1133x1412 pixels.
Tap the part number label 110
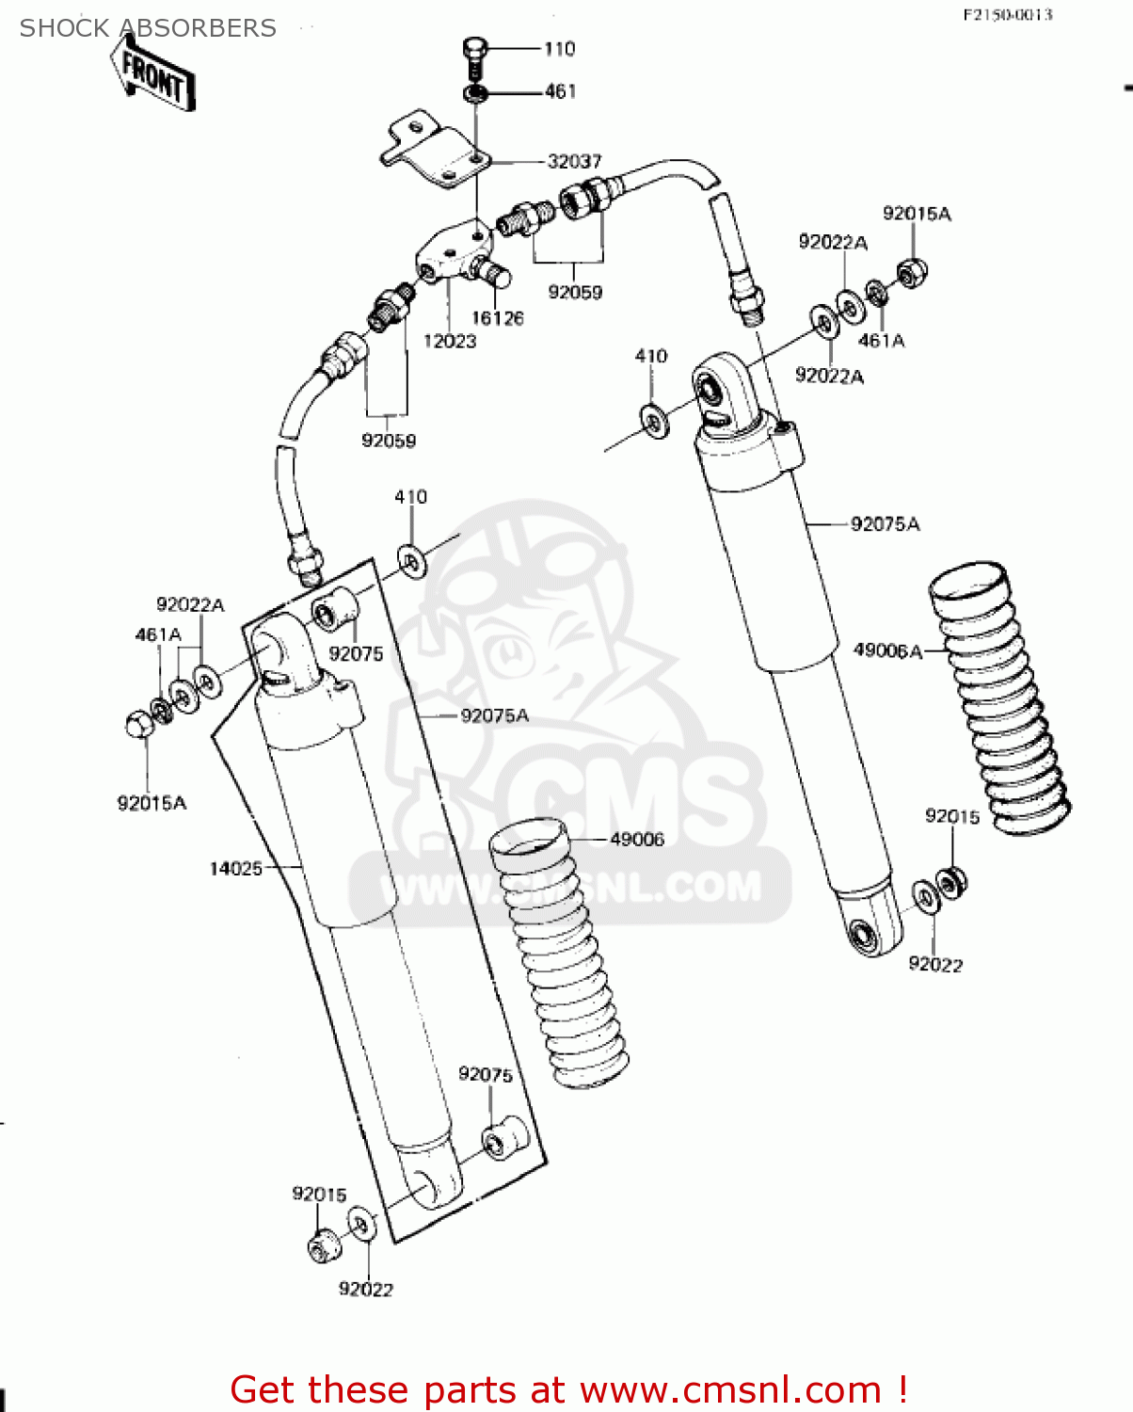click(x=560, y=49)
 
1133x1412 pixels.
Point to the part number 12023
click(x=450, y=341)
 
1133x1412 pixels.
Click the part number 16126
click(x=497, y=318)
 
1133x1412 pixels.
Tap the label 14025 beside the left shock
click(x=235, y=868)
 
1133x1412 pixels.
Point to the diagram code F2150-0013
click(x=1007, y=14)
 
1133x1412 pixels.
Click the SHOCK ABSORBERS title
click(x=148, y=28)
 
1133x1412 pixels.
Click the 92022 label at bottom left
click(x=366, y=1289)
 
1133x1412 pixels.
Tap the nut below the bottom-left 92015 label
click(x=321, y=1245)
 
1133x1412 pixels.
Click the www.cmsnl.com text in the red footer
click(x=730, y=1389)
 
